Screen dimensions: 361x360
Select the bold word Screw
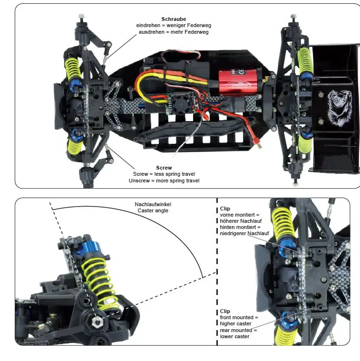tap(164, 168)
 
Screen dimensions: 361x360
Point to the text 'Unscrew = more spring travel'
tap(164, 180)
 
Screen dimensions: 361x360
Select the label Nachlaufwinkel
tap(152, 204)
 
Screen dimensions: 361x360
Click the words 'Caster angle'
tap(152, 210)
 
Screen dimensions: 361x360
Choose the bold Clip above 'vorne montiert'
tap(225, 209)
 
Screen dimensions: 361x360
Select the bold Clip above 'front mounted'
tap(225, 312)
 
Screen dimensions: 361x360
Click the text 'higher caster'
tap(236, 324)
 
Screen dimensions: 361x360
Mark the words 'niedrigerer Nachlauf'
tap(244, 233)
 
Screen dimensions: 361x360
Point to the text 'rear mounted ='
tap(238, 330)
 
